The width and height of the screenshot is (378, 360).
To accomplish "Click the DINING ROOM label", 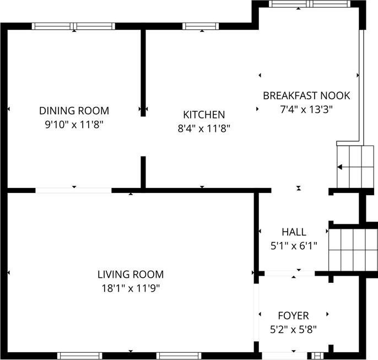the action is (74, 111).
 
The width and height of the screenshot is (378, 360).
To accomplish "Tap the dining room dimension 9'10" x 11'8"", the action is (74, 125).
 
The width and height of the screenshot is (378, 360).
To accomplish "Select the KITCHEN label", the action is (204, 115).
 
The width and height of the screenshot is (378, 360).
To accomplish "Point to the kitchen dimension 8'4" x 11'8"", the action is (204, 128).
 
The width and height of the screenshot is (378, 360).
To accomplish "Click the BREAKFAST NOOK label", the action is (306, 96).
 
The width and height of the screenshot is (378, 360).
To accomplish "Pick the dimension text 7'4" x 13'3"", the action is (306, 110).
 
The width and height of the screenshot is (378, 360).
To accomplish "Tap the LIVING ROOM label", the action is (131, 275).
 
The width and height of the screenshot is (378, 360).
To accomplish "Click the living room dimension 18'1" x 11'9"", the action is (131, 288).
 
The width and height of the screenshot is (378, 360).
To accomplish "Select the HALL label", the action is (294, 232).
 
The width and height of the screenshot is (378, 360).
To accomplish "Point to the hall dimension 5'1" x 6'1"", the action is (294, 246).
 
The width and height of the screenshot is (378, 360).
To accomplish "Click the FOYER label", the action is (293, 316).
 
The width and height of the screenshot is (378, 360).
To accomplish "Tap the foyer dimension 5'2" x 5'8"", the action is (293, 329).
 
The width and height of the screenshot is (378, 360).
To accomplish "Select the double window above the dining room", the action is (73, 26).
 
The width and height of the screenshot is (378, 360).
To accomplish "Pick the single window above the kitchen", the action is (201, 26).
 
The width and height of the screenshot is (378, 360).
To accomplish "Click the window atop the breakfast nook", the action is (310, 4).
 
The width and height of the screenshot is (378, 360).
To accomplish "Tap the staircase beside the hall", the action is (353, 250).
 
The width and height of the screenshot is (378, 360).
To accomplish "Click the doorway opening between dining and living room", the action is (73, 190).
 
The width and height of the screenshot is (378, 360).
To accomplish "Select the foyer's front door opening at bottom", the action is (284, 356).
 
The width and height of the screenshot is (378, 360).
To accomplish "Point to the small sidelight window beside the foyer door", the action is (317, 356).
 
